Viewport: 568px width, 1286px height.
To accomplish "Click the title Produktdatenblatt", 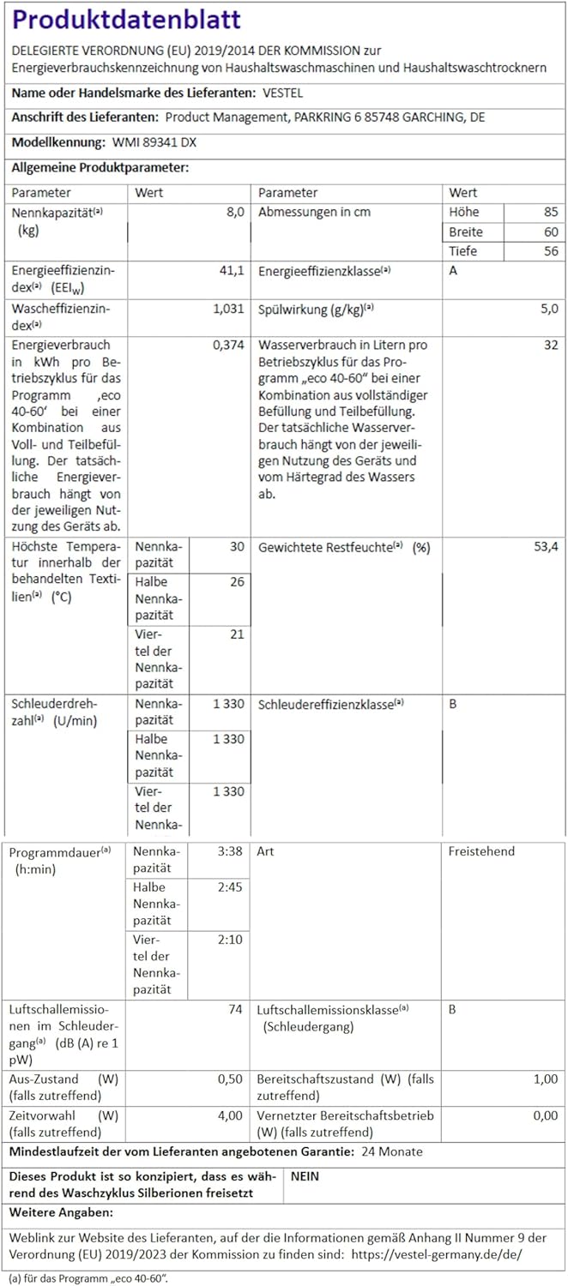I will point(127,20).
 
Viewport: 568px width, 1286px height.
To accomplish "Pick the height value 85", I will point(550,212).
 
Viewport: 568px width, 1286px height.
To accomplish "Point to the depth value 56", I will point(550,251).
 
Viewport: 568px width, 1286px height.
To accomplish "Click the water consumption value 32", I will point(550,346).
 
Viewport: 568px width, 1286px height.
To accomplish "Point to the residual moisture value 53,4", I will point(546,547).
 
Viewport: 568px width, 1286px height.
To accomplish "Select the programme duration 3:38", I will point(231,851).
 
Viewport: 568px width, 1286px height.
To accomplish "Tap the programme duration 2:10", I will point(231,940).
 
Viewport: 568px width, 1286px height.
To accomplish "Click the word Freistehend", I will point(481,851).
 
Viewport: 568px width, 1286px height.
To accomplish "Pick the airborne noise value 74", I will point(235,1010).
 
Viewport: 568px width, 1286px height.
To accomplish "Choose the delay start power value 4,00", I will point(229,1115).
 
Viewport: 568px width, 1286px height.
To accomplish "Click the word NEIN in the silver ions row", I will point(305,1176).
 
